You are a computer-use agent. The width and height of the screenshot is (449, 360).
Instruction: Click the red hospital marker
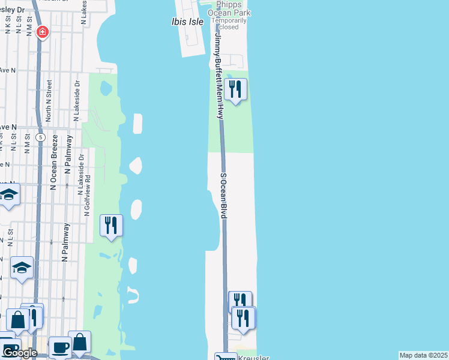point(42,32)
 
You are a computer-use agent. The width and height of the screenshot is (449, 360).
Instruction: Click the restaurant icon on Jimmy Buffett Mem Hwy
point(236,90)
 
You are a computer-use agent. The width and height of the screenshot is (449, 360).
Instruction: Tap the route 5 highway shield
point(40,137)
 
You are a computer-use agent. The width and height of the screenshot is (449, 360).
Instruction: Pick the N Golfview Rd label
point(88,195)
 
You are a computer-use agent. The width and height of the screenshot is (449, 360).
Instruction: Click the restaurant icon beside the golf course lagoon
point(111,226)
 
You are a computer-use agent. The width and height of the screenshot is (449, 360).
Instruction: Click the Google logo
point(19,353)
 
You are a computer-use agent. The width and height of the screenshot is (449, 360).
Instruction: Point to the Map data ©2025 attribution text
point(423,355)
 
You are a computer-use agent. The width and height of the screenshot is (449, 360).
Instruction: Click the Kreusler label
point(253,357)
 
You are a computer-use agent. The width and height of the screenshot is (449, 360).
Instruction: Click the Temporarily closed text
point(229,23)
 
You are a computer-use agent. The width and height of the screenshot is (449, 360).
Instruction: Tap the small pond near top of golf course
point(106,89)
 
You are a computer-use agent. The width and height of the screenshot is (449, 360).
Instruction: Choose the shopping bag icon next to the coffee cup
point(79,342)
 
